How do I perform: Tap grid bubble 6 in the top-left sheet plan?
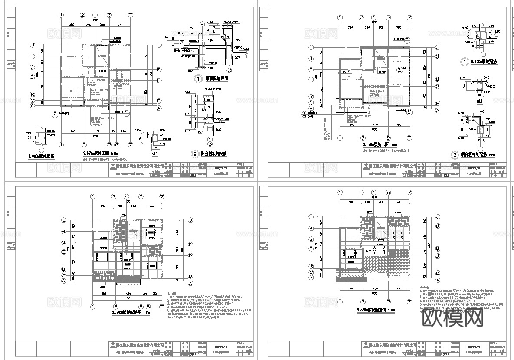pos(117,144)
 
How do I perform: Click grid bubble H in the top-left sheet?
pos(32,56)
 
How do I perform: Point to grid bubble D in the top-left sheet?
pos(159,81)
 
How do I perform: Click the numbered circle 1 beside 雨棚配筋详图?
pos(197,80)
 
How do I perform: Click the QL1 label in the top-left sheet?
pos(155,154)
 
